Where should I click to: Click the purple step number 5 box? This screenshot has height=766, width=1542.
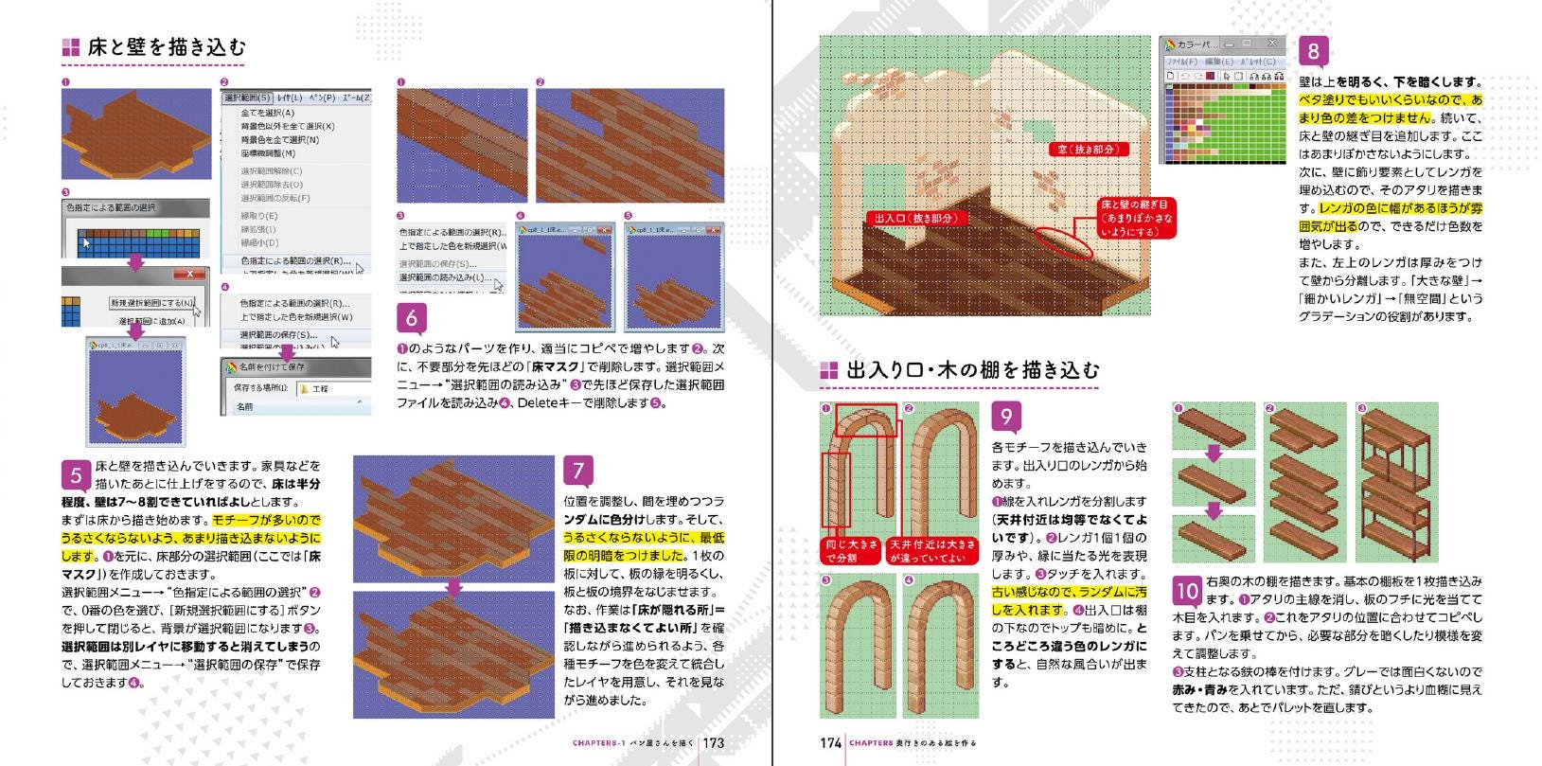point(76,474)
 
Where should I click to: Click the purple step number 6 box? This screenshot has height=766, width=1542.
point(411,317)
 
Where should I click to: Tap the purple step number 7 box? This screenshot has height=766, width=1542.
point(578,471)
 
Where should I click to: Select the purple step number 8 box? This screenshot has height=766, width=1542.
point(1313,50)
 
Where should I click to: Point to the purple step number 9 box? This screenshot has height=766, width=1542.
point(1006,417)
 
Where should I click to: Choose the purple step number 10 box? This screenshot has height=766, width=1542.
point(1188,591)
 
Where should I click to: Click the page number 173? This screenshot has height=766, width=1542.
point(714,743)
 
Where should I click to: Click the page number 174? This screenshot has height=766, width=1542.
point(830,743)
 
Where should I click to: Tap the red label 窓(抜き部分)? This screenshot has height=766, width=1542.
point(1088,150)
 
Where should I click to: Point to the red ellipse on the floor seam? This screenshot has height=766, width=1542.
point(1064,243)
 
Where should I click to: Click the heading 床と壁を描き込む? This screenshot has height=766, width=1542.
point(167,47)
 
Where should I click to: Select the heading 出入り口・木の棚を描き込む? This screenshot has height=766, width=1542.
point(973,370)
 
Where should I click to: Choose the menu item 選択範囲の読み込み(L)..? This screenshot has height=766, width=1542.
point(444,277)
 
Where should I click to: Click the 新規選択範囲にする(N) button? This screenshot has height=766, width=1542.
point(152,303)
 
